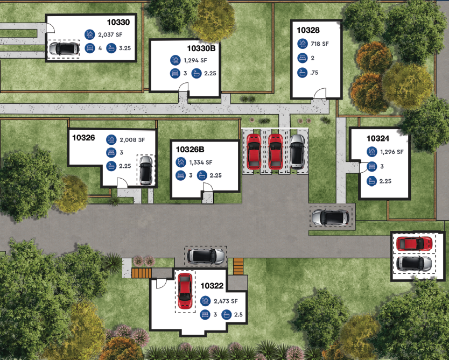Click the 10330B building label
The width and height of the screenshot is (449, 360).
tap(201, 48)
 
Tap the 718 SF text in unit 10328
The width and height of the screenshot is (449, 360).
tap(320, 44)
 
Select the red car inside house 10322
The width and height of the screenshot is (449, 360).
tap(185, 291)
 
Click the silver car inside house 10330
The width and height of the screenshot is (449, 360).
tap(64, 48)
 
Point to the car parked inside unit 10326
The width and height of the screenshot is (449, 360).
tap(146, 170)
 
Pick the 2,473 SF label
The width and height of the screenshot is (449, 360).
tap(226, 301)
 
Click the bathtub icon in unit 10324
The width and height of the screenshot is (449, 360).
tap(371, 181)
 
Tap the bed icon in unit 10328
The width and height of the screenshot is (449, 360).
tap(302, 58)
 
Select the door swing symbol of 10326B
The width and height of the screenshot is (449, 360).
tap(208, 187)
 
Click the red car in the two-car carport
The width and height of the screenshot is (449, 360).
tap(414, 244)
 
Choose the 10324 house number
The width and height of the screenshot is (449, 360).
tap(378, 138)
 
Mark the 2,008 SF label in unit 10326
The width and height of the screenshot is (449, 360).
tap(132, 140)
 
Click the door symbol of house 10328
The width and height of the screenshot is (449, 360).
tap(320, 94)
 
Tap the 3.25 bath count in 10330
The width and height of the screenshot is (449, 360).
tap(125, 48)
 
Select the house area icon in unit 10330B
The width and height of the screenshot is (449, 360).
tap(176, 60)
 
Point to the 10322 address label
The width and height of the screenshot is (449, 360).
tap(212, 286)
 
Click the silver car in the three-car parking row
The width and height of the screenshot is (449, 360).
tap(297, 152)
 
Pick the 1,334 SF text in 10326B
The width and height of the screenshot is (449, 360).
tap(201, 163)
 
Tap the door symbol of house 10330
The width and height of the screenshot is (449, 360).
tap(51, 28)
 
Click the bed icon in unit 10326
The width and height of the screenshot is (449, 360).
tap(111, 152)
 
